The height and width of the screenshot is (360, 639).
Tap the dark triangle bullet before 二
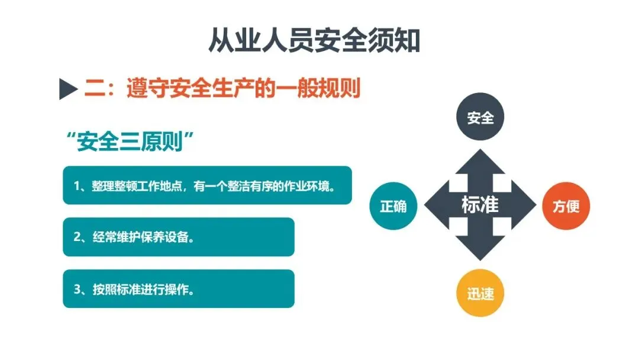[69, 91]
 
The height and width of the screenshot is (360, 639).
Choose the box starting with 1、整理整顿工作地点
[207, 185]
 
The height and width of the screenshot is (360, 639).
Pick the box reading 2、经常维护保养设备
[178, 237]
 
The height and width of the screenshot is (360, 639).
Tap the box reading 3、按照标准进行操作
[178, 289]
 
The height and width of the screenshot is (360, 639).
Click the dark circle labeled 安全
[480, 118]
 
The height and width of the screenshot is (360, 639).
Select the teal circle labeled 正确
[393, 206]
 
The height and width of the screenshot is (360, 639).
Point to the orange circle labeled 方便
[566, 206]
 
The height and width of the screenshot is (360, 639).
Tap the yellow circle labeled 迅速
[480, 294]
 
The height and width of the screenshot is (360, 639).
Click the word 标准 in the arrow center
[480, 205]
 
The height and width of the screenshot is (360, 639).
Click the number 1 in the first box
[77, 186]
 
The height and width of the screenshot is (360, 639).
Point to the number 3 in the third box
[77, 290]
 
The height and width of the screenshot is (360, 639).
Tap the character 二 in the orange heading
[94, 89]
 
